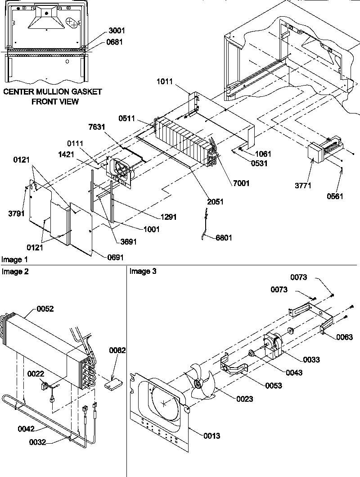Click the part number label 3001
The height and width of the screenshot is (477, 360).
click(x=117, y=31)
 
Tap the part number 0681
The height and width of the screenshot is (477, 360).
click(x=117, y=42)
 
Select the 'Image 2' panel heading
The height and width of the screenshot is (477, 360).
click(x=14, y=271)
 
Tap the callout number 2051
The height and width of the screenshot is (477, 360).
click(x=215, y=202)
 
